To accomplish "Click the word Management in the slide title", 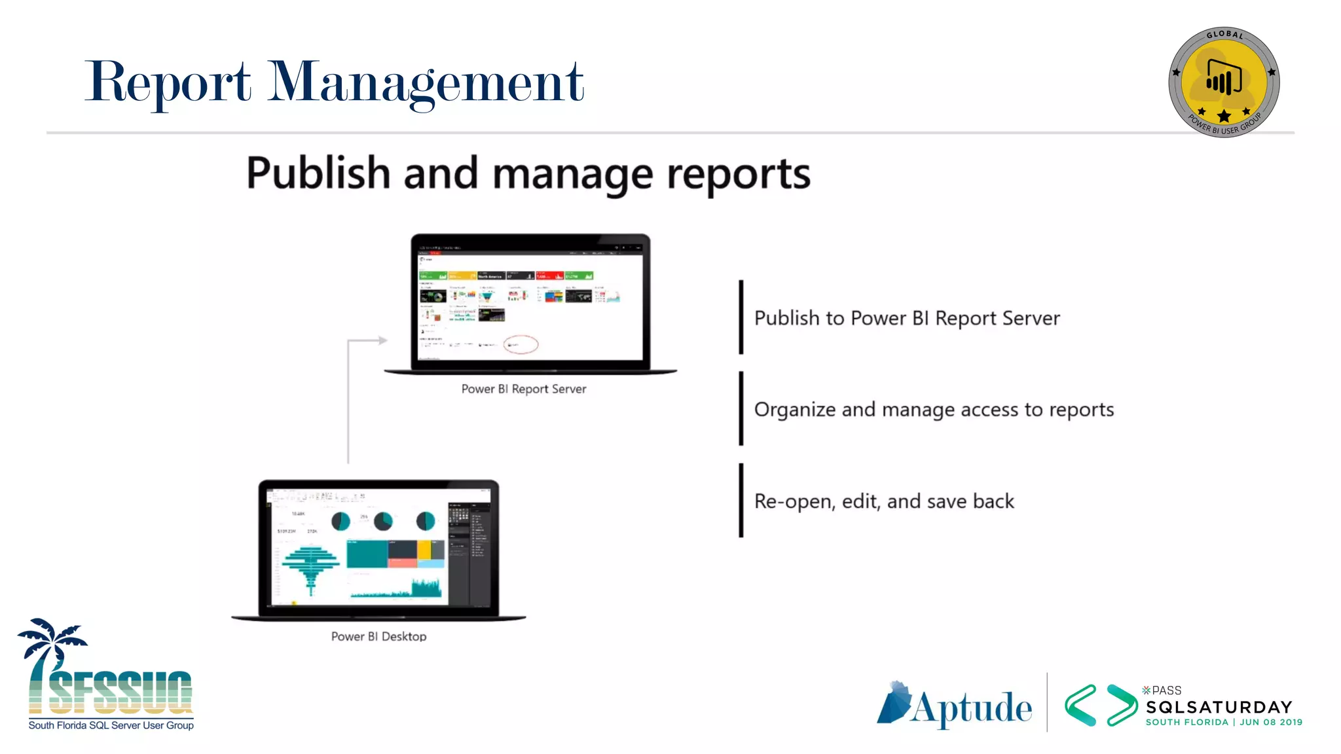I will tap(426, 82).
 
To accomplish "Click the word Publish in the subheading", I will tap(318, 173).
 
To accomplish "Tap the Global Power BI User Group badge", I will tap(1224, 82).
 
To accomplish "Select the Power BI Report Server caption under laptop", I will tap(524, 389).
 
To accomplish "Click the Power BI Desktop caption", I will tap(378, 636).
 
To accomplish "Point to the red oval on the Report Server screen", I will tap(521, 344).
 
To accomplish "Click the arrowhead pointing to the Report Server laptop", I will tap(382, 340).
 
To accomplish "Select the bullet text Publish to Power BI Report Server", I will tap(907, 318).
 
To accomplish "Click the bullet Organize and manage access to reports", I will tap(934, 410).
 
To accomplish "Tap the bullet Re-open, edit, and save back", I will tap(884, 501).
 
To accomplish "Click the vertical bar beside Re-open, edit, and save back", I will tap(741, 501).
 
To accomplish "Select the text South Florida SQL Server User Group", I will tap(111, 725).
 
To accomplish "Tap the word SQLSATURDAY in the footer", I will tap(1219, 708).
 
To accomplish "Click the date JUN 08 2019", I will tap(1271, 723).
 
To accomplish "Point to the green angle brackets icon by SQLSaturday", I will tap(1100, 706).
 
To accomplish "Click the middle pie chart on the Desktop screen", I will tap(383, 521).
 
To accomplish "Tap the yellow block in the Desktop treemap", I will tap(424, 549).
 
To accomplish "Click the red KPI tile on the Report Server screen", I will tap(549, 276).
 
